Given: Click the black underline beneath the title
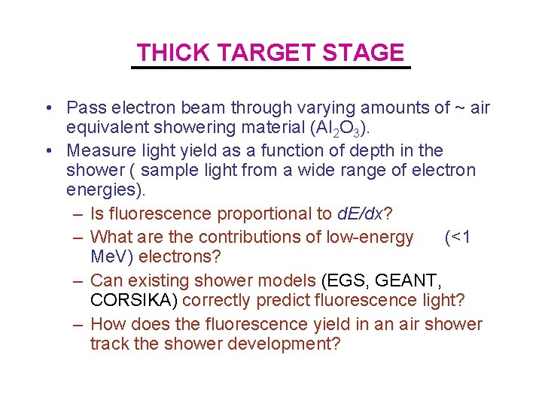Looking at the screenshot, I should click(x=271, y=68).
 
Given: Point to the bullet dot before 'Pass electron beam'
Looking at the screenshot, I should click(x=47, y=108).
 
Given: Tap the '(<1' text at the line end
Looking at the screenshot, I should click(x=458, y=237).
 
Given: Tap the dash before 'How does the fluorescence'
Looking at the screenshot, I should click(x=78, y=324).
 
